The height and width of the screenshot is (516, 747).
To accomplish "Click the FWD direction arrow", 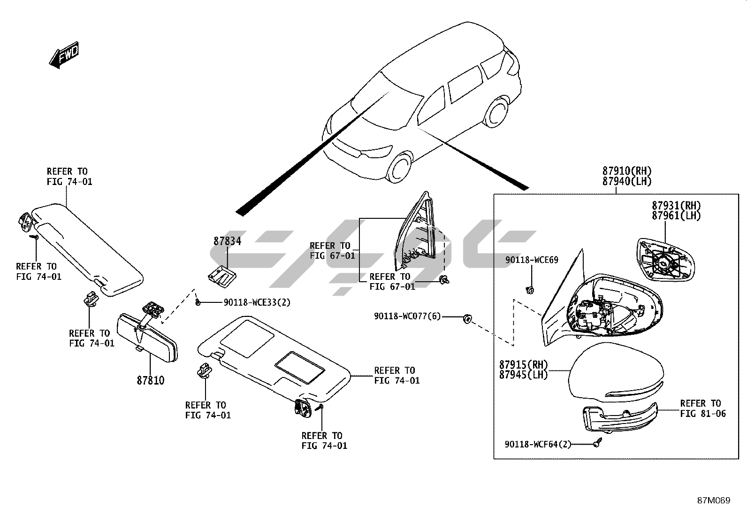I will pos(64,55).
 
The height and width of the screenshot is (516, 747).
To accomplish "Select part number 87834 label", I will pos(227,241).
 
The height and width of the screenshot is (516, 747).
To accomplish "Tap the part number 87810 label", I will pos(151,380).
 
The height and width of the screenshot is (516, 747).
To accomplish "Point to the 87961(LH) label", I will pos(676,216).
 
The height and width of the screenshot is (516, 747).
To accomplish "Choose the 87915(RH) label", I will pos(523,365).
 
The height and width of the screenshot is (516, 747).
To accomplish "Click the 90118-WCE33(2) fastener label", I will pos(257,303).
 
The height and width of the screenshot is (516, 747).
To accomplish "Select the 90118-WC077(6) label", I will pos(407,316).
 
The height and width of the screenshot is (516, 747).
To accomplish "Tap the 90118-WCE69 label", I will pos(532,260).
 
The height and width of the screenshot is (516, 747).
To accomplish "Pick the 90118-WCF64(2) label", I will pos(538,444).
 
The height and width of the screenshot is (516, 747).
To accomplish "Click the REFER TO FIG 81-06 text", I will pos(702,408).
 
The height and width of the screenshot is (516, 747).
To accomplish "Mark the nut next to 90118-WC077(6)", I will pos(467,319).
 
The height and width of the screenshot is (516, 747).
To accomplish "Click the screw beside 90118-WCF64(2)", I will pos(597,442).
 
